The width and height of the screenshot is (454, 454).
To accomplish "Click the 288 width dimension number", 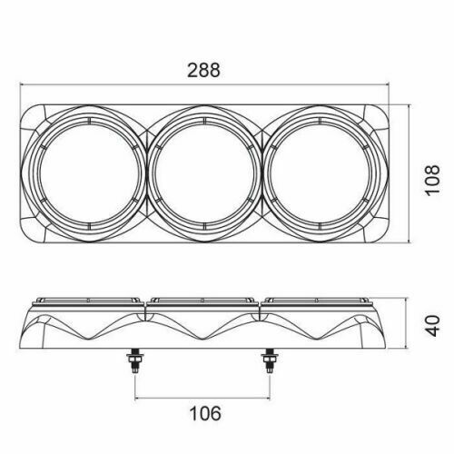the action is (203, 70).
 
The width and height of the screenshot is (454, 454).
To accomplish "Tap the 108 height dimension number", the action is (432, 180).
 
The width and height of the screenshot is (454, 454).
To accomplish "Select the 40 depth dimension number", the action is (432, 326).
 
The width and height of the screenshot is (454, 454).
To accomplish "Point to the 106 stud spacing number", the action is (205, 414).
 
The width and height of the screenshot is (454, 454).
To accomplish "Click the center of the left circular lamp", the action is (90, 173).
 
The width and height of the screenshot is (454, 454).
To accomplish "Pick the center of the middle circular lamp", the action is (204, 173).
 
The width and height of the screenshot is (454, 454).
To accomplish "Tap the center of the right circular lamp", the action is (320, 173).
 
